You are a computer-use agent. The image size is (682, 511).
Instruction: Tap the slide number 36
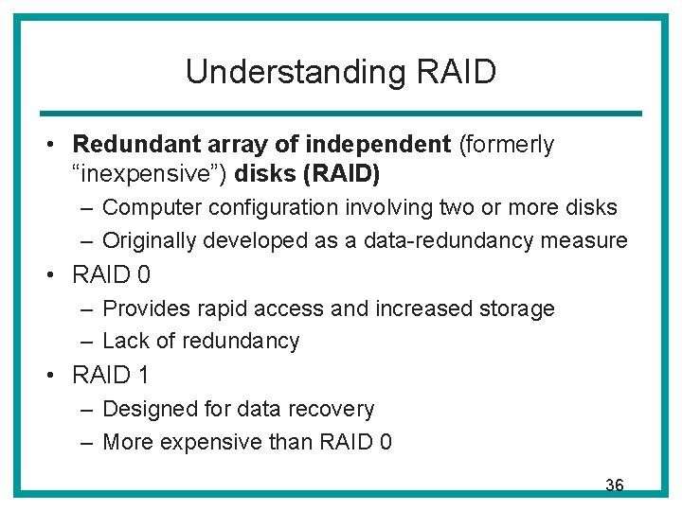click(614, 485)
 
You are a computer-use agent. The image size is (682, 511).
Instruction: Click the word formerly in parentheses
click(507, 145)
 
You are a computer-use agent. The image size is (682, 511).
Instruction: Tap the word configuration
click(253, 207)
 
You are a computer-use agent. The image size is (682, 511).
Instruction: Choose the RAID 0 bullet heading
click(112, 274)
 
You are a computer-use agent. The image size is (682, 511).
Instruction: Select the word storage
click(517, 308)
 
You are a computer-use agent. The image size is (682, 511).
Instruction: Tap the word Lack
click(122, 341)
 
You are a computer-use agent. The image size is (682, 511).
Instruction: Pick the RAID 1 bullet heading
click(111, 376)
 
